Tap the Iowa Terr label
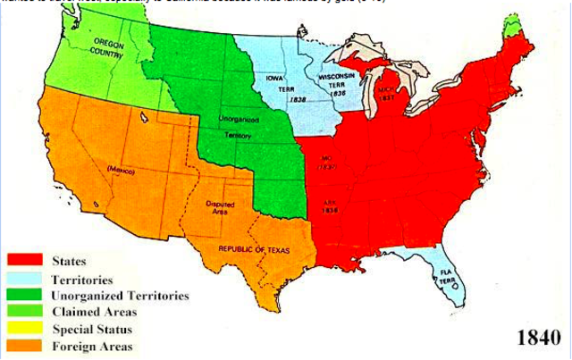click(274, 85)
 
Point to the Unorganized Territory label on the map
click(237, 126)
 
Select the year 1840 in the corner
click(540, 338)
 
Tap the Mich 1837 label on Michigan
click(385, 95)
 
